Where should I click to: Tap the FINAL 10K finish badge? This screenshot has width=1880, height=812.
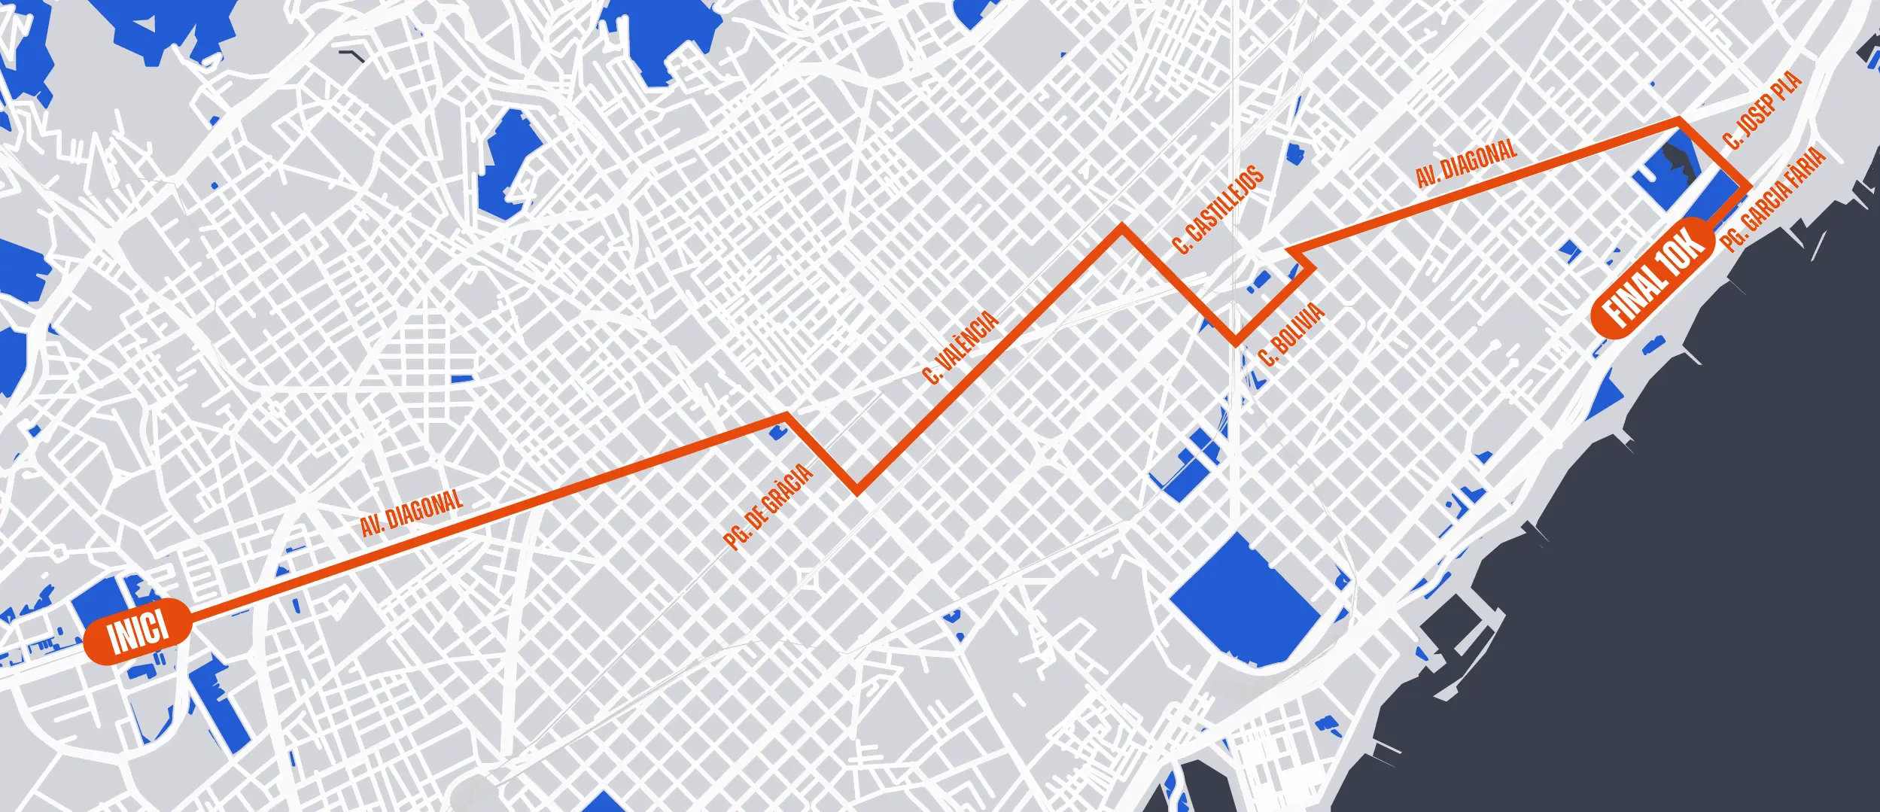[1653, 276]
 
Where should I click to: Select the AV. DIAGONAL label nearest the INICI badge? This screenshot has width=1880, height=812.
[411, 512]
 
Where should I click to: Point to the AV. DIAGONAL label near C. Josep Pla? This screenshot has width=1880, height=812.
[1466, 163]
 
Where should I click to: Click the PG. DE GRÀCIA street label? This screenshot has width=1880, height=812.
[768, 506]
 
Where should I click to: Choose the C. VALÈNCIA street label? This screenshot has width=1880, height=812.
[960, 347]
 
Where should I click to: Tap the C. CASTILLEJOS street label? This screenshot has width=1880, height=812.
[1218, 209]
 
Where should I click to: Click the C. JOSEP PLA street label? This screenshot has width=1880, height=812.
[1762, 110]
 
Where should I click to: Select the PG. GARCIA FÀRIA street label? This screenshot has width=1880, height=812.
[1773, 199]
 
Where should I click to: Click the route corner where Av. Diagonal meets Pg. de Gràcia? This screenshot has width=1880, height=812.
[786, 415]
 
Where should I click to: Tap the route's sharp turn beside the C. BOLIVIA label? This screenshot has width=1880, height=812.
[1235, 342]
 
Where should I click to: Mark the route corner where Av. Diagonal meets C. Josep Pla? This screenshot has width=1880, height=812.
[1679, 120]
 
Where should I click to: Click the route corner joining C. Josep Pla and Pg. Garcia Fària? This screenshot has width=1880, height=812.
[1747, 185]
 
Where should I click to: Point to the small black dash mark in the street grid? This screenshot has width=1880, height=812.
[351, 55]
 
